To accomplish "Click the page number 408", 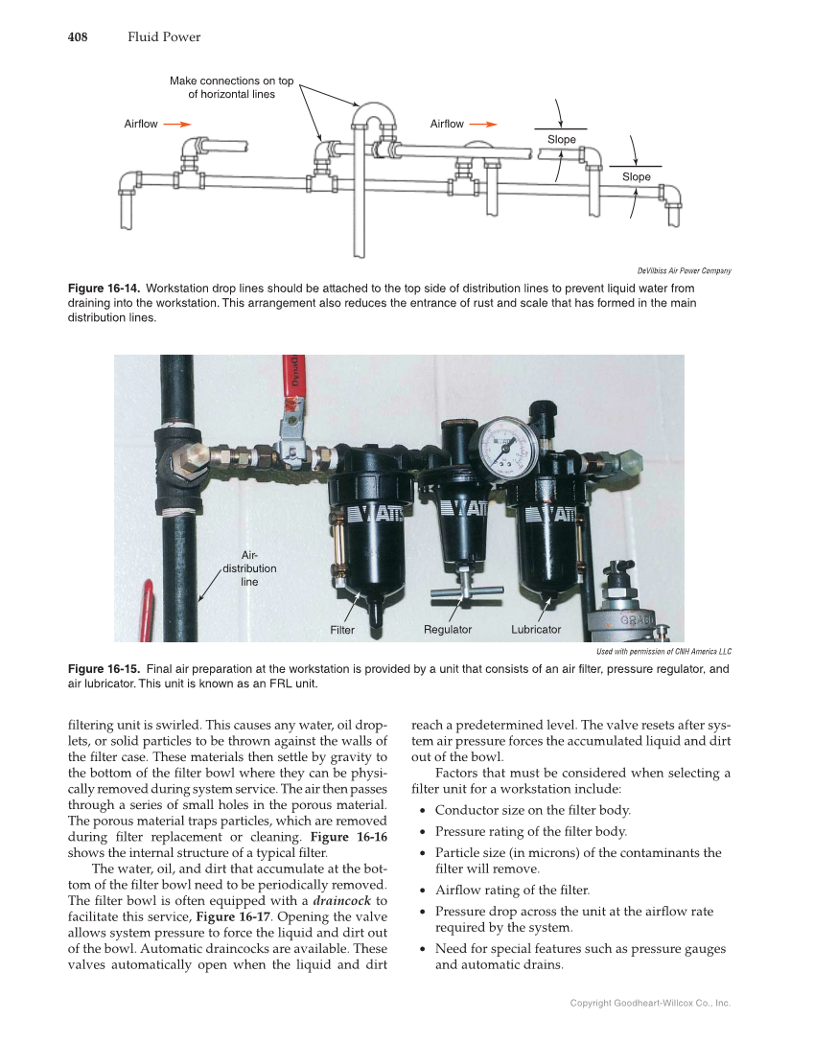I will pos(78,37).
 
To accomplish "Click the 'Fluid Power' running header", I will pos(164,37).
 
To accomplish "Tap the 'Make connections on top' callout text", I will pos(231,81).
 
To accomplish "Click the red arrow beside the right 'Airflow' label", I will pos(484,124).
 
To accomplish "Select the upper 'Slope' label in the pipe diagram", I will pos(562,140).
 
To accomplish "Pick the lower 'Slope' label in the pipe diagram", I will pos(636,176).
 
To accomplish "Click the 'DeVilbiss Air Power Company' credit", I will pos(685,270).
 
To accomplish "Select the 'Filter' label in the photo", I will pos(342,630).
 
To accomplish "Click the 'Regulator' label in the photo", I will pos(448,629).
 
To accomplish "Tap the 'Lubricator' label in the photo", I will pos(536,629).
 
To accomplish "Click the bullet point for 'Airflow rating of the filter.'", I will pos(424,891).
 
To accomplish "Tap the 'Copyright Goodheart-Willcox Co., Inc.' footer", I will pos(650,1003).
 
